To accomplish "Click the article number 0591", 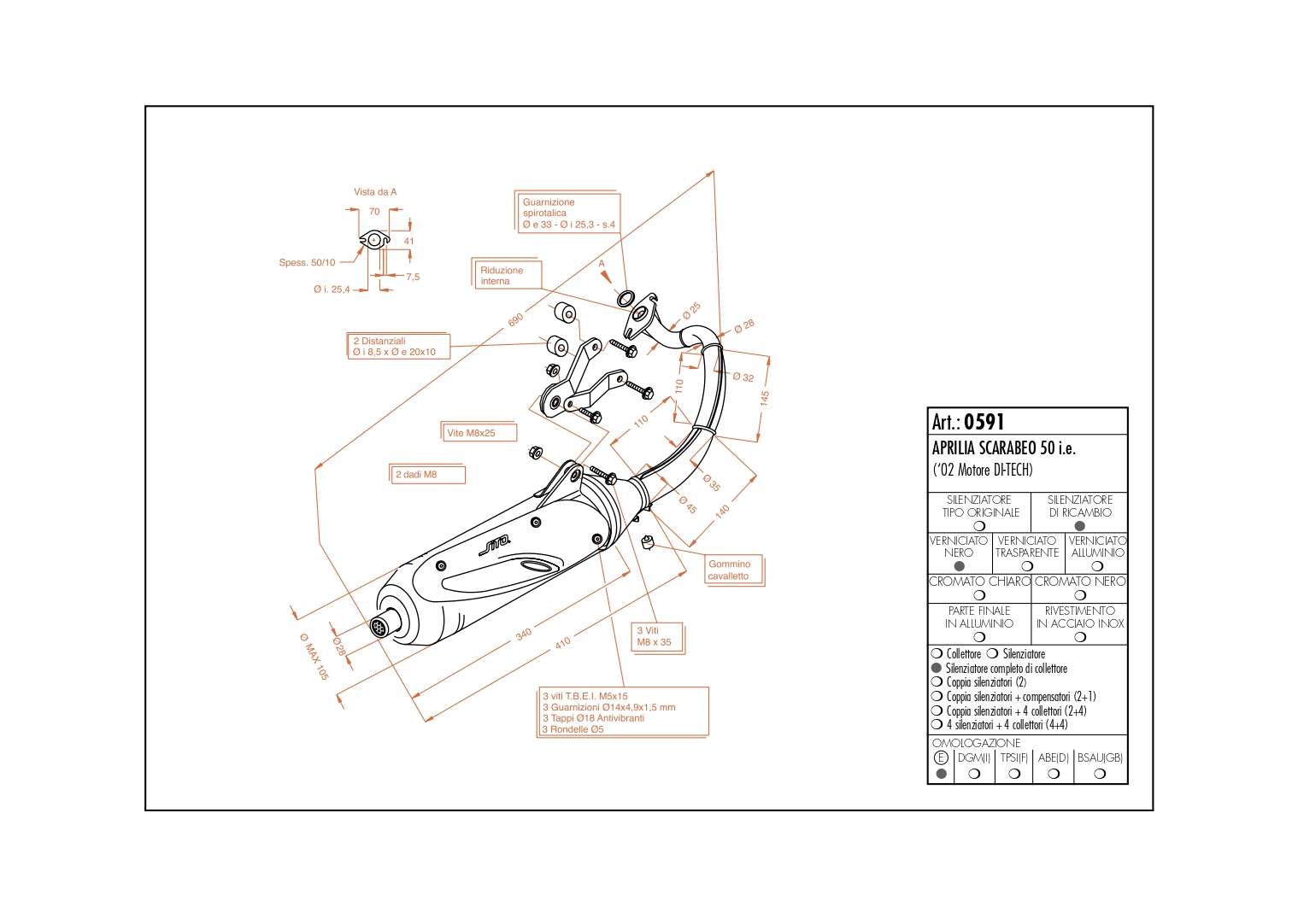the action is pyautogui.click(x=984, y=422).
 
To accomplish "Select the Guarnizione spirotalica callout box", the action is pyautogui.click(x=568, y=212).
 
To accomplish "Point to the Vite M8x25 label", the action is pyautogui.click(x=479, y=432).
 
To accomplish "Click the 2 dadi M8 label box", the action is pyautogui.click(x=427, y=474).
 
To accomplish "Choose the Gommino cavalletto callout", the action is pyautogui.click(x=734, y=570).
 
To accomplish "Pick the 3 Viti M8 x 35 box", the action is pyautogui.click(x=658, y=638).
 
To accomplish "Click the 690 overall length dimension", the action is pyautogui.click(x=516, y=319).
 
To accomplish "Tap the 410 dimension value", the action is pyautogui.click(x=562, y=643).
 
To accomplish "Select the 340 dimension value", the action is pyautogui.click(x=523, y=634).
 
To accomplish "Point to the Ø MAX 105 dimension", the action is pyautogui.click(x=314, y=656).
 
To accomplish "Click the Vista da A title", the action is pyautogui.click(x=375, y=191).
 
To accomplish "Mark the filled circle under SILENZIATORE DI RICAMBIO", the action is pyautogui.click(x=1079, y=526).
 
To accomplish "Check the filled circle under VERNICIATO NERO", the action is pyautogui.click(x=959, y=566).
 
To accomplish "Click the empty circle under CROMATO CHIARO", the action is pyautogui.click(x=979, y=595).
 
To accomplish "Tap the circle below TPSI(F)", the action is pyautogui.click(x=1014, y=774).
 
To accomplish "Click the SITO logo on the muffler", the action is pyautogui.click(x=495, y=545).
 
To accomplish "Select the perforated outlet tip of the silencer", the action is pyautogui.click(x=379, y=627).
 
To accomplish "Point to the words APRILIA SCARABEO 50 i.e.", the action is pyautogui.click(x=1003, y=448).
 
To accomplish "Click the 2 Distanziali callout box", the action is pyautogui.click(x=398, y=346).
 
